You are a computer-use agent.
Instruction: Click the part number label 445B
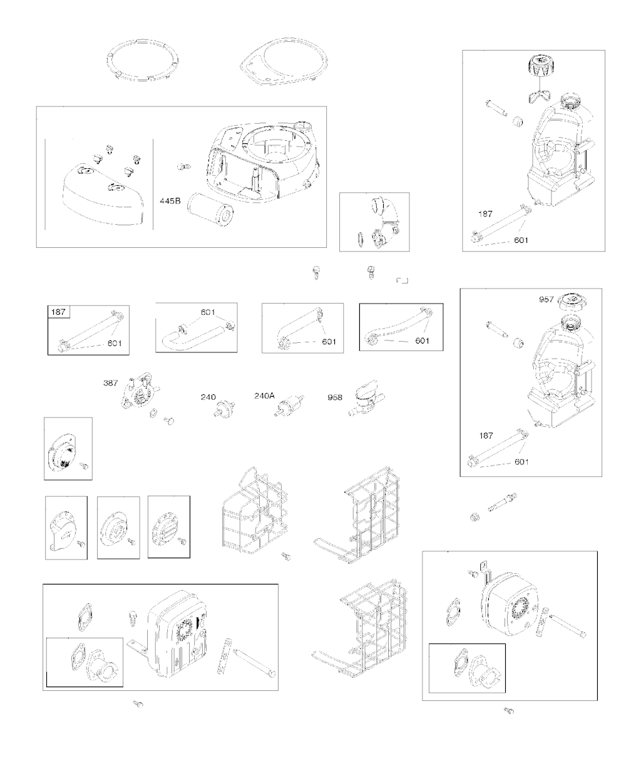click(170, 201)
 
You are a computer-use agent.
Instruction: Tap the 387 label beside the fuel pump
click(110, 382)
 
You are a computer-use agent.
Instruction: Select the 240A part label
click(264, 396)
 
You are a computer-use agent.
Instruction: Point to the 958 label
click(335, 397)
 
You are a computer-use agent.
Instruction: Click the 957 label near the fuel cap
click(546, 299)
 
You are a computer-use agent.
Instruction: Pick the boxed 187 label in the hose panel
click(58, 312)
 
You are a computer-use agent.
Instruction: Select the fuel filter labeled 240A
click(289, 406)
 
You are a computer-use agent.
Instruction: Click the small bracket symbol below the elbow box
click(402, 280)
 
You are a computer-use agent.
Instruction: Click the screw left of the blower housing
click(183, 167)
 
